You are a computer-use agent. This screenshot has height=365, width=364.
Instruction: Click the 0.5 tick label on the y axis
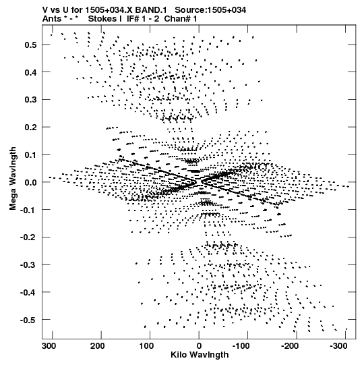(x=30, y=45)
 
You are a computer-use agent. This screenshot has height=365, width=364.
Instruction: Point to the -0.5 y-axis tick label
(x=28, y=320)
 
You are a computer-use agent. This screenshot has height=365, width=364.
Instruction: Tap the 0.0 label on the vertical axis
(x=30, y=182)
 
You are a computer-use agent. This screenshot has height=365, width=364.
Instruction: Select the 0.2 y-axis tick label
(x=30, y=127)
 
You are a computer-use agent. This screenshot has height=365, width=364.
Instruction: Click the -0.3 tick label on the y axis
(x=28, y=265)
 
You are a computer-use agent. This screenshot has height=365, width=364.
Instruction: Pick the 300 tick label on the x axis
(x=49, y=346)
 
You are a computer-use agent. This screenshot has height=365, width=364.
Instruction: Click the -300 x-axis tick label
(x=338, y=346)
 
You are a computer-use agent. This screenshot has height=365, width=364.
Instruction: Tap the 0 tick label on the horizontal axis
(x=199, y=346)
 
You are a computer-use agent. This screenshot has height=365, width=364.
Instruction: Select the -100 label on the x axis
(x=241, y=346)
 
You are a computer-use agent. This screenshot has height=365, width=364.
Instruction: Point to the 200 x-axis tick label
(x=98, y=346)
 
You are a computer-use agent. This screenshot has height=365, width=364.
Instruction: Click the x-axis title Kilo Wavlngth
(x=200, y=355)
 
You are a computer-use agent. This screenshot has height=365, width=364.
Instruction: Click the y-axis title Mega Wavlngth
(x=13, y=179)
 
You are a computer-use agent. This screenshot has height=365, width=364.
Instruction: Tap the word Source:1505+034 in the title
(x=210, y=10)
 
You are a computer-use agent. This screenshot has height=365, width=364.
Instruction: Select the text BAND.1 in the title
(x=151, y=10)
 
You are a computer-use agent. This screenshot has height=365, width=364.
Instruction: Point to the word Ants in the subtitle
(x=51, y=19)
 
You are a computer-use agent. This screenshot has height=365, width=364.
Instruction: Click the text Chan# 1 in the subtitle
(x=181, y=19)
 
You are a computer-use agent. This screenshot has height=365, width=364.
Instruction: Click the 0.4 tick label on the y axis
(x=30, y=72)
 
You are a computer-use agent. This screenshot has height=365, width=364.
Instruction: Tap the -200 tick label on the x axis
(x=290, y=346)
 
